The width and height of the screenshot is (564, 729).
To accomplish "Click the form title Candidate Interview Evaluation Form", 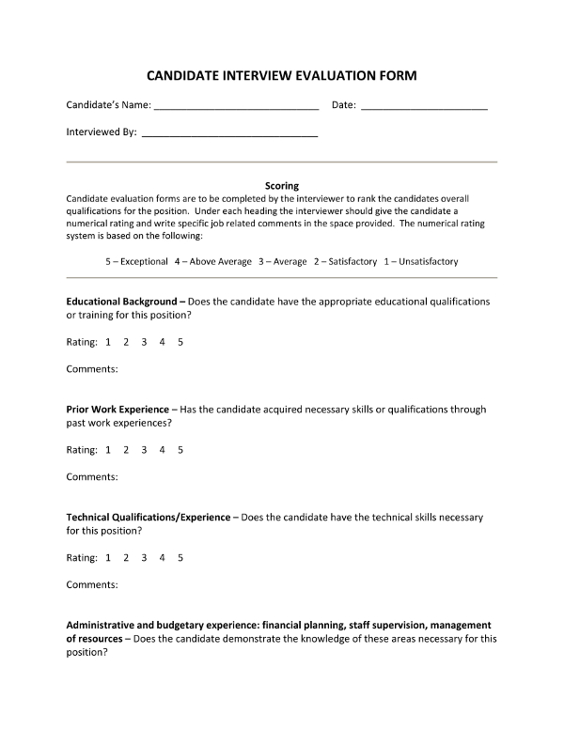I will pyautogui.click(x=281, y=75).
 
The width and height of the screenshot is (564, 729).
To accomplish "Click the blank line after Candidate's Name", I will pyautogui.click(x=236, y=108).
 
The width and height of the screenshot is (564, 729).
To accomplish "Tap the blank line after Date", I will pyautogui.click(x=424, y=108).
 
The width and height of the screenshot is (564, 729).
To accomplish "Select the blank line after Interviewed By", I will pyautogui.click(x=228, y=136).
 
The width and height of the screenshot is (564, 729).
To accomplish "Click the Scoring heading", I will pyautogui.click(x=282, y=186).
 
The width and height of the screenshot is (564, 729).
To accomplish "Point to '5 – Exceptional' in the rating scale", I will pyautogui.click(x=136, y=261).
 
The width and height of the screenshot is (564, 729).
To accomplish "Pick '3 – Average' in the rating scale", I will pyautogui.click(x=283, y=261).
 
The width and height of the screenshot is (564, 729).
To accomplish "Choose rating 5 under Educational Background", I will pyautogui.click(x=180, y=342).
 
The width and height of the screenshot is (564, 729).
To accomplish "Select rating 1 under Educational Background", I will pyautogui.click(x=108, y=342).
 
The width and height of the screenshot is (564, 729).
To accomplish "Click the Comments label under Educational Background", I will pyautogui.click(x=91, y=369).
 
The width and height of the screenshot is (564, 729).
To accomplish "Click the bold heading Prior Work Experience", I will pyautogui.click(x=117, y=410).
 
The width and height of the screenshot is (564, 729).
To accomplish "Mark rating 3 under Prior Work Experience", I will pyautogui.click(x=144, y=450).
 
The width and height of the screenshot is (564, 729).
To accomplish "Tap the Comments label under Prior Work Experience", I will pyautogui.click(x=91, y=477).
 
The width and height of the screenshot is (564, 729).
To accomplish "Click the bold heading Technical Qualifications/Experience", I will pyautogui.click(x=148, y=518).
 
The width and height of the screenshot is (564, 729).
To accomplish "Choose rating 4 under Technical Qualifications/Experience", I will pyautogui.click(x=163, y=558).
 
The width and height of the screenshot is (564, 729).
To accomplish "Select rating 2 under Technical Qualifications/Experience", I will pyautogui.click(x=126, y=558).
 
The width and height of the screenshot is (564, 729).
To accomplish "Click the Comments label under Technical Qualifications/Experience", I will pyautogui.click(x=91, y=585).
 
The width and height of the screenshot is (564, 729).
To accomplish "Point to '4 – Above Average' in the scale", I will pyautogui.click(x=212, y=261).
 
